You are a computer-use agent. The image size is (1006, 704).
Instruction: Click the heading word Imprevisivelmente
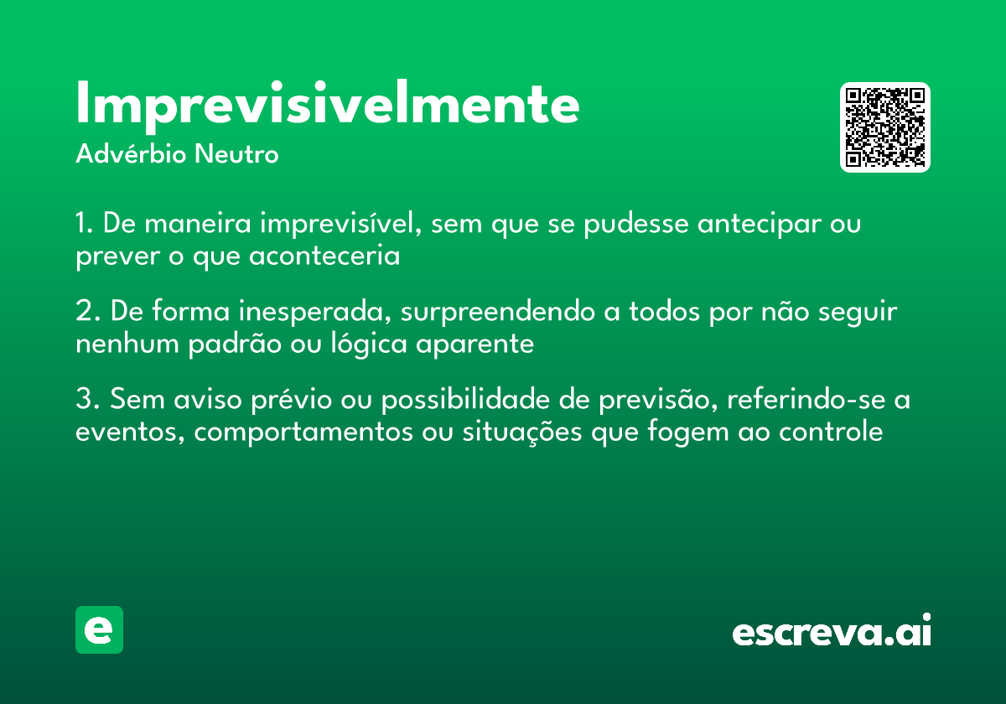tap(327, 105)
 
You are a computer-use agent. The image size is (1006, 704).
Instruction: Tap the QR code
tap(885, 127)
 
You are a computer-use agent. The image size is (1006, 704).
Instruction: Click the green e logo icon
tap(99, 630)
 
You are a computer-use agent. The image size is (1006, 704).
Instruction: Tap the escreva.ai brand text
tap(832, 632)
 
